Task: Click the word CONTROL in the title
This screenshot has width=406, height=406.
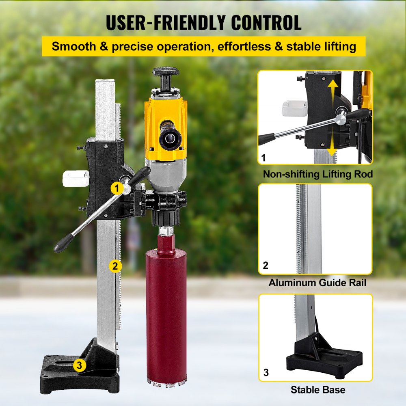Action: coord(263,23)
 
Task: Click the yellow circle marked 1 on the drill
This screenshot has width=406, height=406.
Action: coord(117,188)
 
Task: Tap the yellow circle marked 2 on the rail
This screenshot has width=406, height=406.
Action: coord(115,266)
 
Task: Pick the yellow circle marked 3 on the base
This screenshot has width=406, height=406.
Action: coord(80,365)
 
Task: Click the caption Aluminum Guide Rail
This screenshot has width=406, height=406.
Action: coord(317,283)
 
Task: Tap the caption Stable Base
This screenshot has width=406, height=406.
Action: coord(318,390)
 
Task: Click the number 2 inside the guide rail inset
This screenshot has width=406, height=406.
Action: coord(266,266)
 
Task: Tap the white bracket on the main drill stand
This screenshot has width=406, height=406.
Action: coord(76,178)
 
